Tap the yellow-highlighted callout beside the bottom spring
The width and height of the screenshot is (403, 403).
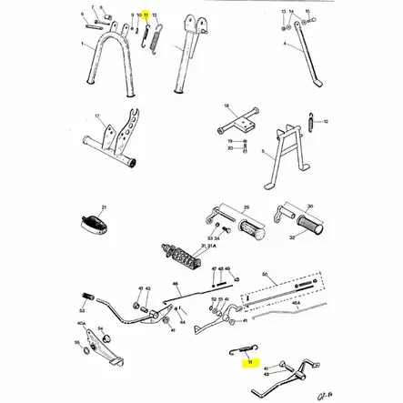click(x=247, y=361)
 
